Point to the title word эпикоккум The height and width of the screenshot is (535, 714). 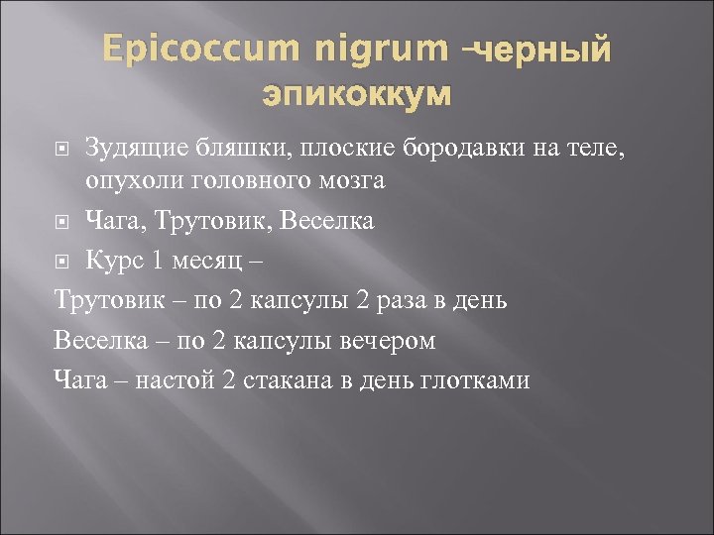(x=356, y=95)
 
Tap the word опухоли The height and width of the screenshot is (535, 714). (x=127, y=181)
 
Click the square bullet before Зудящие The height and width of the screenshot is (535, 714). (x=63, y=151)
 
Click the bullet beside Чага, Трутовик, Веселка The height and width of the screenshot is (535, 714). (x=63, y=222)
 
